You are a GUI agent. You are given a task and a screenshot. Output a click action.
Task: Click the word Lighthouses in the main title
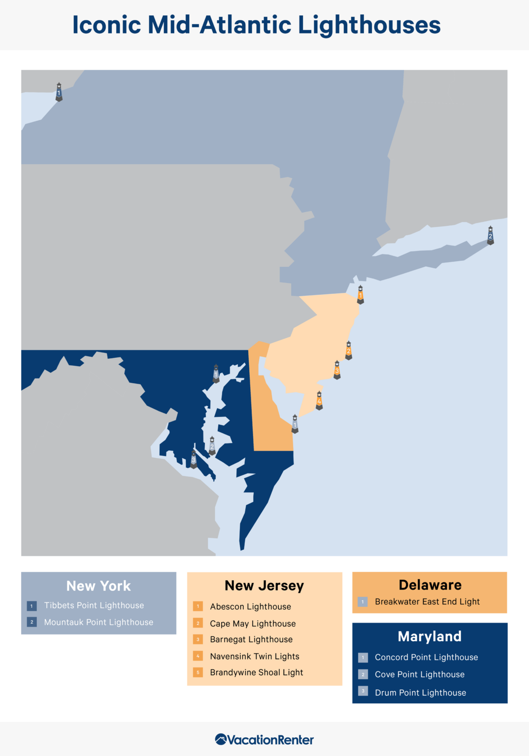[x=369, y=25]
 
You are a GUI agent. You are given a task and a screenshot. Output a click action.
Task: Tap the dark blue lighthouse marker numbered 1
[x=59, y=92]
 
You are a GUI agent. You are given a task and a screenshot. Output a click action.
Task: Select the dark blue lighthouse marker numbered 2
[x=490, y=236]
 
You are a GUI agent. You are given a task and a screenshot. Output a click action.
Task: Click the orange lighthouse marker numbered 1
[x=361, y=295]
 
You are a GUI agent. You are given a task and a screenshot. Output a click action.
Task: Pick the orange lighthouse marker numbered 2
[x=349, y=350]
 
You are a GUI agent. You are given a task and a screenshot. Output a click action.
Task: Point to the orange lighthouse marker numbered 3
[x=337, y=370]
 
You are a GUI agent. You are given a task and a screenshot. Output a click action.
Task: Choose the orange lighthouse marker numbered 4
[x=319, y=401]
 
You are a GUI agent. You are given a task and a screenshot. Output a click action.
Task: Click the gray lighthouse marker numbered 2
[x=212, y=446]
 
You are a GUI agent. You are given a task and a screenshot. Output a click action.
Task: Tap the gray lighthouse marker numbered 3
[x=194, y=459]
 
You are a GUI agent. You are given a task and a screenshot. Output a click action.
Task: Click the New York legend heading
[x=99, y=586]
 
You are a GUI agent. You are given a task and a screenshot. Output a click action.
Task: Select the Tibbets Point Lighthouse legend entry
[x=94, y=605]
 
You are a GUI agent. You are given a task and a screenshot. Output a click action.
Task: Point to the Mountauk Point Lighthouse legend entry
[x=99, y=622]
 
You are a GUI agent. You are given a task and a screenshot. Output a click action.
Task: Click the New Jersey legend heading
[x=264, y=586]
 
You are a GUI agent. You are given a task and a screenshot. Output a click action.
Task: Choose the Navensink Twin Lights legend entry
[x=255, y=656]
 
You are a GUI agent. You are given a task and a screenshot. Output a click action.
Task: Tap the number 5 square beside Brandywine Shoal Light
[x=198, y=672]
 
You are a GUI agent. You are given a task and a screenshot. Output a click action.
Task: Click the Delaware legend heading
[x=430, y=585]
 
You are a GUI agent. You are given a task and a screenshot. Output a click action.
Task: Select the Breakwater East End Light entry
[x=427, y=601]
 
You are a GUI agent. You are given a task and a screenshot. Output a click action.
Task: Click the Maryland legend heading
[x=430, y=636]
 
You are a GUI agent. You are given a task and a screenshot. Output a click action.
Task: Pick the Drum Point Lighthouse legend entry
[x=420, y=693]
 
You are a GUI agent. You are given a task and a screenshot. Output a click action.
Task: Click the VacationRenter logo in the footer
[x=264, y=739]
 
